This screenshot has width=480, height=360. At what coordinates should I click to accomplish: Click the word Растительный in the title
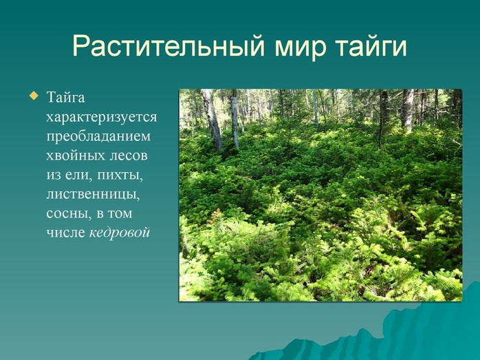168,47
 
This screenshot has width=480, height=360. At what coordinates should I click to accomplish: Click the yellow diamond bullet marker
34,96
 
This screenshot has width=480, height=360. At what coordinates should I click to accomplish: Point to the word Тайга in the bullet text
65,98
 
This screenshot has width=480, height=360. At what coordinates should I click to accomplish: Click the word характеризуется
102,117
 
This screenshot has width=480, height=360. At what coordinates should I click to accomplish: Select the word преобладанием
98,136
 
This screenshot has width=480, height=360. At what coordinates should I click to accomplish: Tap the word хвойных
74,156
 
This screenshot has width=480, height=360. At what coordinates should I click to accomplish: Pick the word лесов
129,156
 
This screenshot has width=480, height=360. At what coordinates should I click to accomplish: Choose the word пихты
120,176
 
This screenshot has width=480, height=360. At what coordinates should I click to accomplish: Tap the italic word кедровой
120,232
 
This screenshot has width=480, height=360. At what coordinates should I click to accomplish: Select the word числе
65,232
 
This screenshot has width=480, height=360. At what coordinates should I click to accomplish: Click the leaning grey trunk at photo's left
212,120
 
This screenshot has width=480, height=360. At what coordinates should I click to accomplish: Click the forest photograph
320,195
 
